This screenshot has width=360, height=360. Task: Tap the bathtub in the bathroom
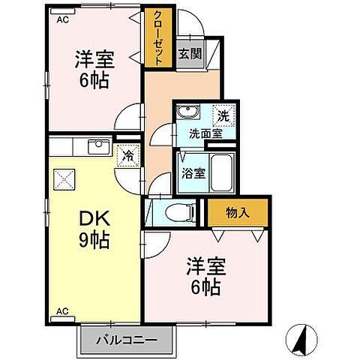pyautogui.click(x=222, y=173)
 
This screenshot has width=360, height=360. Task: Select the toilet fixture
pyautogui.click(x=175, y=211)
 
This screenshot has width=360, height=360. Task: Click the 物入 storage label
pyautogui.click(x=237, y=213)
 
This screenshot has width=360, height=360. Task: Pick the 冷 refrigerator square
pyautogui.click(x=128, y=156)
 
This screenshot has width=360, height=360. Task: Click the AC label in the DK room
pyautogui.click(x=62, y=310)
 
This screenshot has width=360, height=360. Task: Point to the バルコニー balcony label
pyautogui.click(x=127, y=340)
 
